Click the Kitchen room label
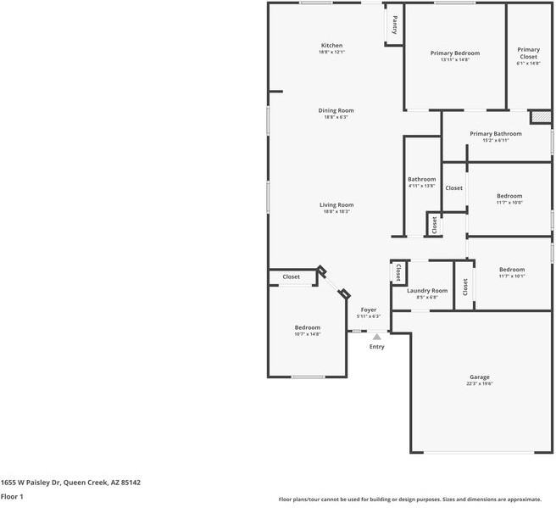point(331,45)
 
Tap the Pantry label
point(394,25)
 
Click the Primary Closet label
point(528,53)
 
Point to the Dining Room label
point(336,110)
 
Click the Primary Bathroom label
point(495,133)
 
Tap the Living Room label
point(336,204)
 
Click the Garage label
point(480,377)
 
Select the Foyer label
point(369,310)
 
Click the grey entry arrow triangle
point(377,337)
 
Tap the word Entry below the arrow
point(377,346)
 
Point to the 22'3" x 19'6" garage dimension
point(480,383)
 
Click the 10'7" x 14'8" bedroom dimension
point(308,334)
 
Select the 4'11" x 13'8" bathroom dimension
point(421,186)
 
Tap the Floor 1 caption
point(12,496)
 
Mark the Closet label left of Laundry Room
point(398,272)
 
